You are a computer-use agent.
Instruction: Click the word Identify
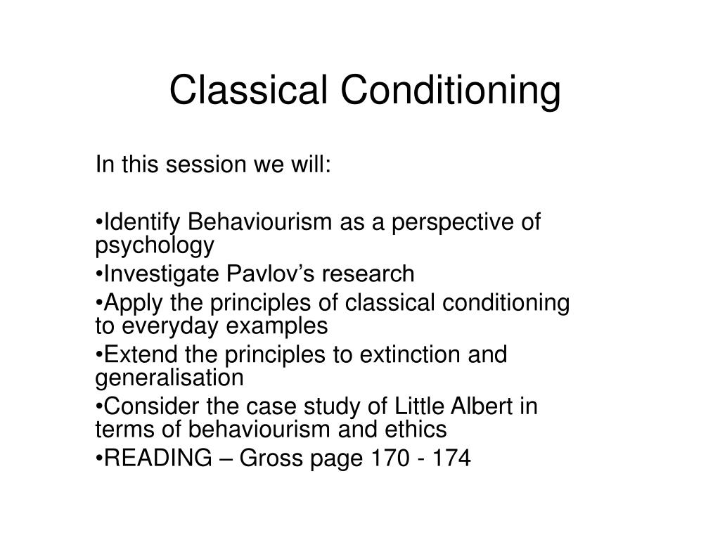tap(138, 223)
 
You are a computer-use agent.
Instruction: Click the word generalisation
tap(169, 378)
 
